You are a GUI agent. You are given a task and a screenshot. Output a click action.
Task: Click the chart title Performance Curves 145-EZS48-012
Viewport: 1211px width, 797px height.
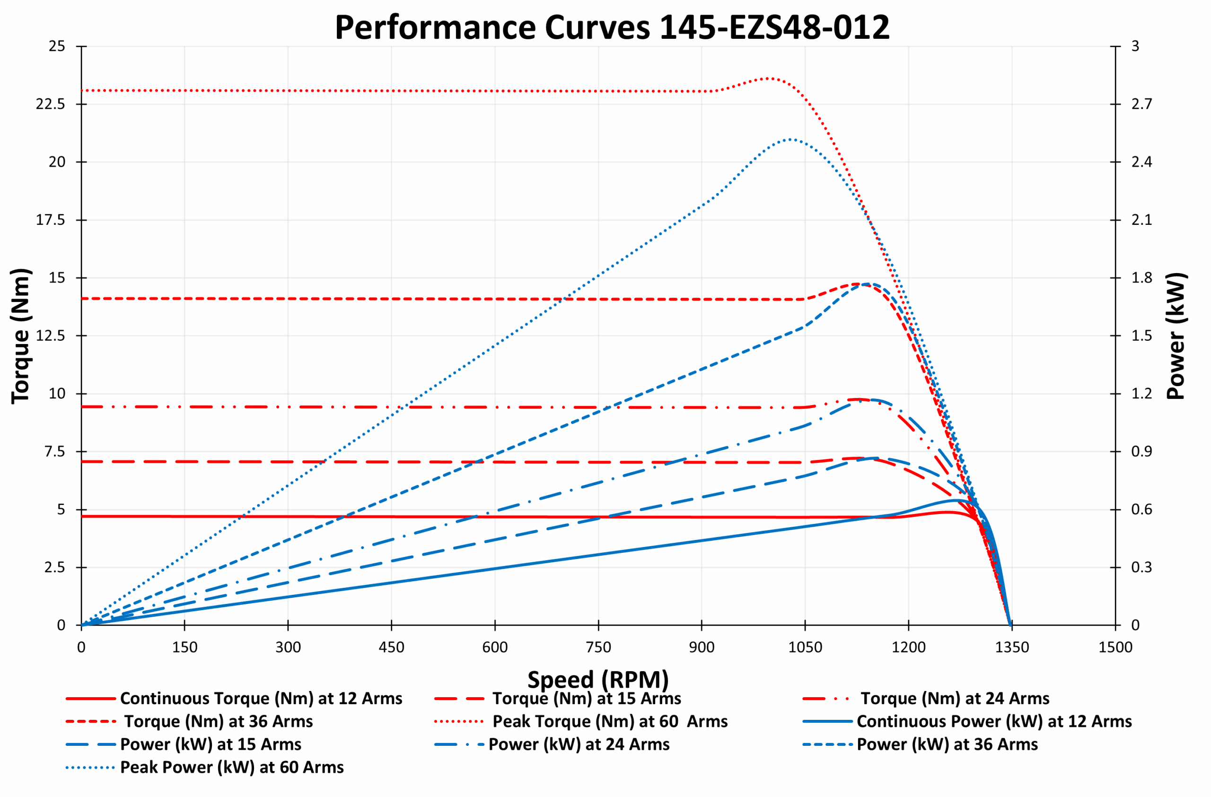pos(612,27)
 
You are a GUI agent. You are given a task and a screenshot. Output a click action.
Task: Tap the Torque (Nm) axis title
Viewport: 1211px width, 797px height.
pos(21,336)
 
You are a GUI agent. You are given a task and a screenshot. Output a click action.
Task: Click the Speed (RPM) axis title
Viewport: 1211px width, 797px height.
pos(598,680)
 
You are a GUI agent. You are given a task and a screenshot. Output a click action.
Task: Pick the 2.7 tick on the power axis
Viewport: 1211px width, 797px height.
pos(1141,104)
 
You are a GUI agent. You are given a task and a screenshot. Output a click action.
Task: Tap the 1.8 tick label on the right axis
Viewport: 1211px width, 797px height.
pos(1141,278)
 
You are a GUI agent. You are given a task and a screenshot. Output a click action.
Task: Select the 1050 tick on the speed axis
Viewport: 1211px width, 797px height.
pos(805,647)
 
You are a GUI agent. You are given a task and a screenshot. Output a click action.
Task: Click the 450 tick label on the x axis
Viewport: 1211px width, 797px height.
pos(391,647)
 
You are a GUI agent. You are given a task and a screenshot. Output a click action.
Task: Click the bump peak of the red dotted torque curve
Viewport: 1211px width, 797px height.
pos(770,78)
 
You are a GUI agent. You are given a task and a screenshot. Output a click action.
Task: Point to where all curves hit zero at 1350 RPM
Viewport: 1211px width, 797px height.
pos(1010,624)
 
